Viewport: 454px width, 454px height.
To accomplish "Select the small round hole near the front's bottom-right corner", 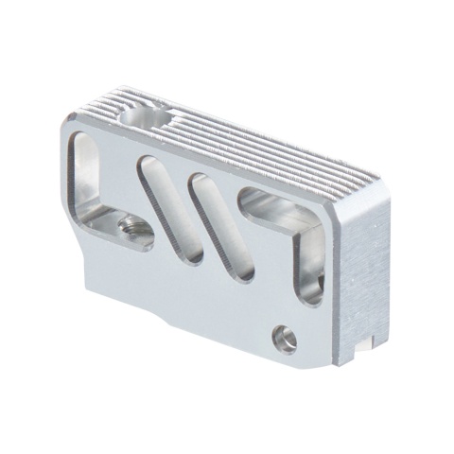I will click(x=284, y=337).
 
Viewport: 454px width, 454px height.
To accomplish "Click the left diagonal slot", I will click(x=172, y=208).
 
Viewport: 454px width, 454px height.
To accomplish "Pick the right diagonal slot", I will click(x=221, y=227).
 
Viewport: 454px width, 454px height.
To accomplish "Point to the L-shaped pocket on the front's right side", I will click(x=284, y=222).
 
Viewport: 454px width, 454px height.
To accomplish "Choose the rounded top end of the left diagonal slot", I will click(x=149, y=164).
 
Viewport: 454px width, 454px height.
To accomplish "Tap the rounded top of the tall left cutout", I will click(x=83, y=142).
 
